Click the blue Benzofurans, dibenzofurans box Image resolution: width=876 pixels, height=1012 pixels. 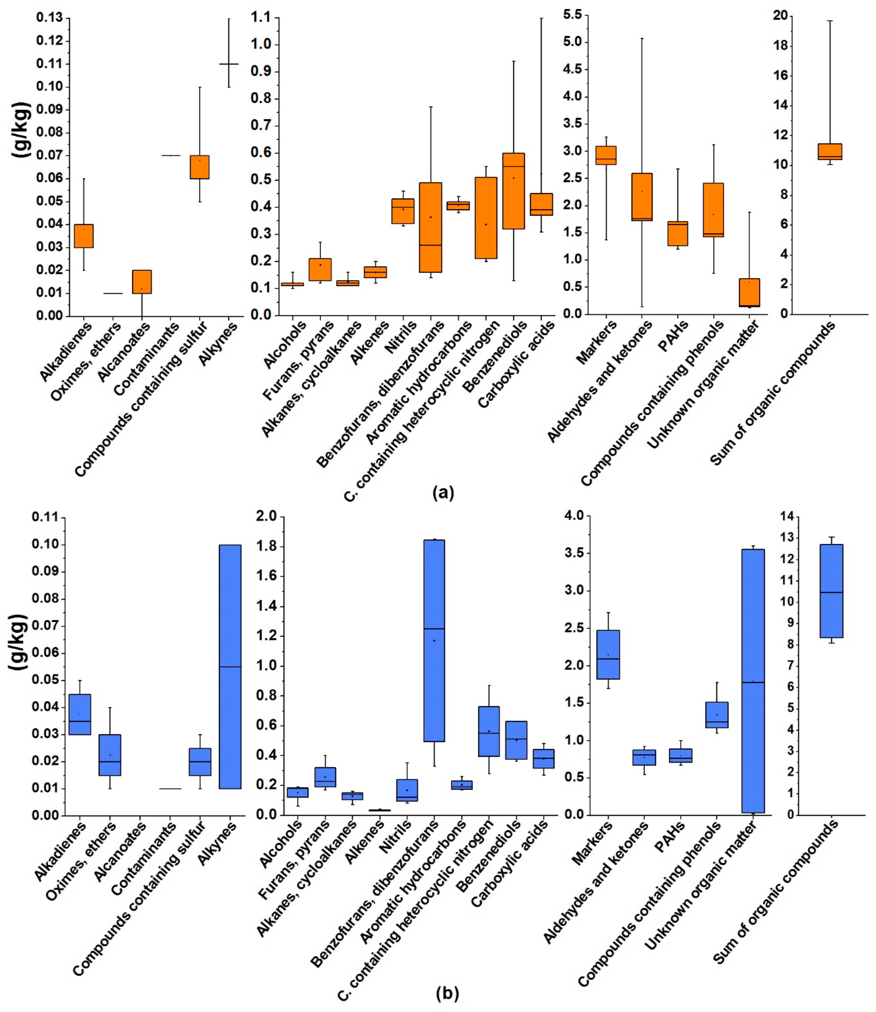[434, 641]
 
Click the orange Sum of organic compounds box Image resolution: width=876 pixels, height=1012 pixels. [829, 152]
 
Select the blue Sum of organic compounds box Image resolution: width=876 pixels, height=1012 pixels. [831, 591]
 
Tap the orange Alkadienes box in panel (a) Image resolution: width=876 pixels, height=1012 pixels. [83, 236]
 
